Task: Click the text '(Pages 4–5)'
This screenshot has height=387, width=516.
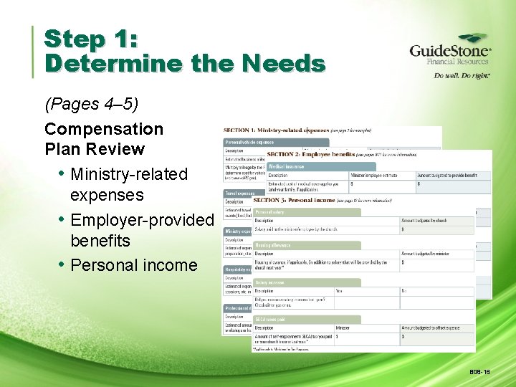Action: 91,105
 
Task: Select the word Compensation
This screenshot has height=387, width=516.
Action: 104,130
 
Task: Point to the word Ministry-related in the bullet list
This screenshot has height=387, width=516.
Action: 129,174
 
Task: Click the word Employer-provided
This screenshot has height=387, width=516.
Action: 142,220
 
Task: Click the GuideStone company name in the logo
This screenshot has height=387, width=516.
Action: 449,51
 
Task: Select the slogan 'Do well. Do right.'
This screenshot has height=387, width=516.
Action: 462,75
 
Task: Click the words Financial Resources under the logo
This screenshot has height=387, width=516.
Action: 458,62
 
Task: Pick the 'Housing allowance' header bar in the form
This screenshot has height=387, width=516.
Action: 277,245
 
